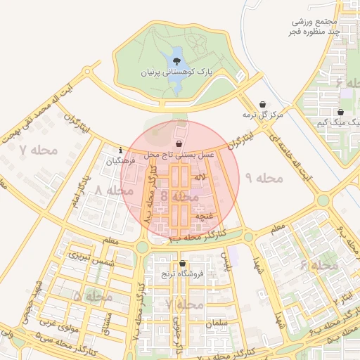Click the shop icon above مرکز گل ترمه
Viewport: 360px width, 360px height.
click(x=263, y=104)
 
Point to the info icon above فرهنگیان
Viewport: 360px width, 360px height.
click(x=122, y=150)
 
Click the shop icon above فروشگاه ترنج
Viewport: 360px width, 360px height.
click(x=181, y=263)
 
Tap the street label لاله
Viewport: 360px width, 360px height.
click(x=202, y=181)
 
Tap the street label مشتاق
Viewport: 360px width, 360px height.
click(x=107, y=323)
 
